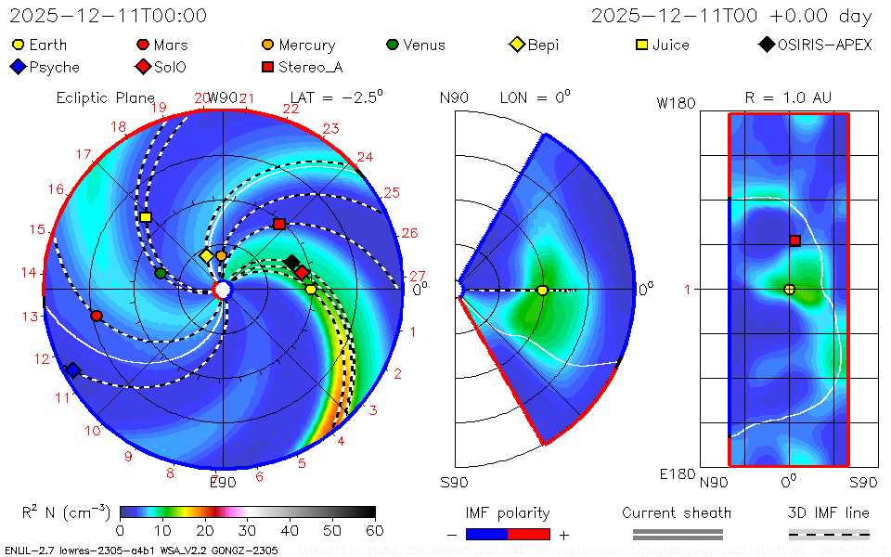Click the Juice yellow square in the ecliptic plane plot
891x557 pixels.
[x=146, y=217]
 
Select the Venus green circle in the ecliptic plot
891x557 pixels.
[x=161, y=273]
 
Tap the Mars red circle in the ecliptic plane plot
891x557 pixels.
[x=97, y=316]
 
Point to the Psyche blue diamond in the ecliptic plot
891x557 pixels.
[x=72, y=370]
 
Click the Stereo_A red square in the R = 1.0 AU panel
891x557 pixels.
[x=794, y=240]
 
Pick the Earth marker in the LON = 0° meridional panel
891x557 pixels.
[x=542, y=291]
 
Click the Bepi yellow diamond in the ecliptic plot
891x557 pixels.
[x=206, y=256]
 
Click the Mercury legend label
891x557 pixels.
[x=306, y=45]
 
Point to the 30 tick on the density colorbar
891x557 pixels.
[x=248, y=530]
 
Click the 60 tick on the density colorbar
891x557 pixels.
[x=375, y=530]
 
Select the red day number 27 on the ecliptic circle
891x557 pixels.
[x=417, y=277]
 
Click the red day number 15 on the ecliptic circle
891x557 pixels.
[x=37, y=229]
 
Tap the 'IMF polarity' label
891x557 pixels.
[x=508, y=512]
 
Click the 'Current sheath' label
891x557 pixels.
[x=677, y=512]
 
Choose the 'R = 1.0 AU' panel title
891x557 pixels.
[x=788, y=97]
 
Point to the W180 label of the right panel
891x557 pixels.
[x=676, y=104]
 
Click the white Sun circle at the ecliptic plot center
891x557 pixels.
[x=222, y=291]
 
